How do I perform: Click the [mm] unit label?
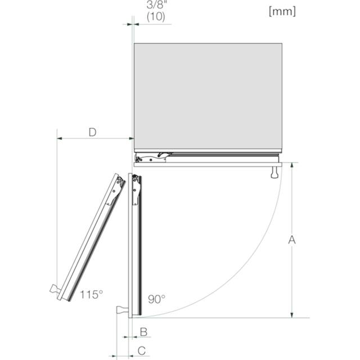[x=282, y=11]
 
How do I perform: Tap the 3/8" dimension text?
[x=157, y=5]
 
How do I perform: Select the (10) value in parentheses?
[x=156, y=16]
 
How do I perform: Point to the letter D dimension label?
[x=92, y=133]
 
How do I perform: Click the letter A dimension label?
[x=292, y=240]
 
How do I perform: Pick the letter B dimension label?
[x=144, y=332]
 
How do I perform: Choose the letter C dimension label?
[x=142, y=351]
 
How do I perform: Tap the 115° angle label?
[x=91, y=295]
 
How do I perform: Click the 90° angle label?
[x=156, y=299]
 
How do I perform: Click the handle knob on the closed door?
[x=274, y=172]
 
